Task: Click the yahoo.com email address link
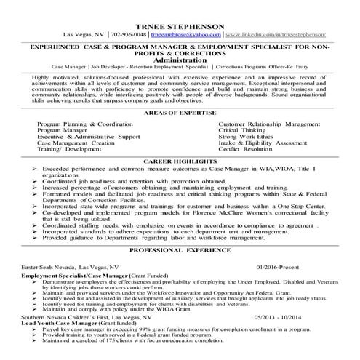coord(186,34)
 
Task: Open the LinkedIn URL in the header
coord(275,34)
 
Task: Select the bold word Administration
coord(180,60)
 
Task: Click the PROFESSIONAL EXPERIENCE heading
coord(180,249)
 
